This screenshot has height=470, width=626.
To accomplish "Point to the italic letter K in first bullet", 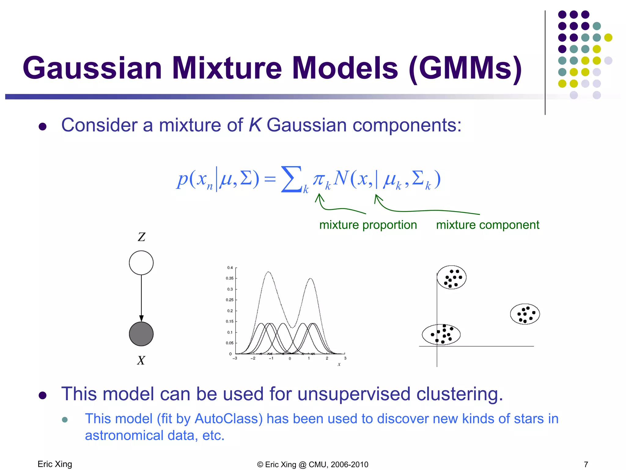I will (255, 125).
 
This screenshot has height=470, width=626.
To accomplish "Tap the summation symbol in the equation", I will (291, 179).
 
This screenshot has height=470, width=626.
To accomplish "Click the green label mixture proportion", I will (368, 225).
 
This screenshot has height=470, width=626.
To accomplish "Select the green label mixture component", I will (488, 225).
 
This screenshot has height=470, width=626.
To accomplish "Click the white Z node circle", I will (141, 263).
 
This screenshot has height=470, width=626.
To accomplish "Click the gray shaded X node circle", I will (141, 334).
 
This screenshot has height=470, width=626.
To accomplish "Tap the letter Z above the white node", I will (142, 237).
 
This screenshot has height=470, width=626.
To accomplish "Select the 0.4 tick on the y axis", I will (230, 268).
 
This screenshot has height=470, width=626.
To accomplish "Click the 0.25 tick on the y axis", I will (230, 300).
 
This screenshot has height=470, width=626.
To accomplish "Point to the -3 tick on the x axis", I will (235, 358).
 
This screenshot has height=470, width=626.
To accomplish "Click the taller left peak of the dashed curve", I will (268, 272).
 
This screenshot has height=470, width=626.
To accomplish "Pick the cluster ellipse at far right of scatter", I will (525, 314).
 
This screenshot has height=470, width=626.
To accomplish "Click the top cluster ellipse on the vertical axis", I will (451, 278).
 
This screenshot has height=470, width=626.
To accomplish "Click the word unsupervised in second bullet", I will (354, 394).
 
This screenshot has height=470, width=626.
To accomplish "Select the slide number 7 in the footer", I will (586, 464).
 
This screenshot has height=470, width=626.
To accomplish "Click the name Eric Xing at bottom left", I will (55, 464).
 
